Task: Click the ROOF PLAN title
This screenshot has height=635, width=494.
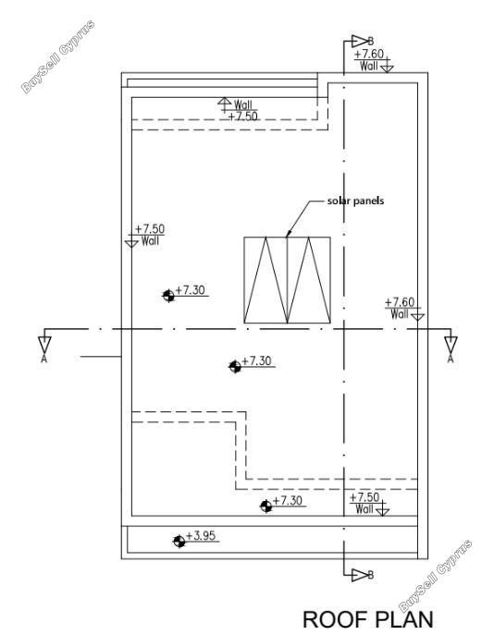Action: click(368, 619)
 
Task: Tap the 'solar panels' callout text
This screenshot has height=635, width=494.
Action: click(355, 201)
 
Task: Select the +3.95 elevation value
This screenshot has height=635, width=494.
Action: click(201, 536)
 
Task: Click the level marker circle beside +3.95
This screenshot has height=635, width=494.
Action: click(179, 541)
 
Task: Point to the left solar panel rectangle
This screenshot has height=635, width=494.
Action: click(266, 280)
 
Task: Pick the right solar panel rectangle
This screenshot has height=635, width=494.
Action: click(309, 280)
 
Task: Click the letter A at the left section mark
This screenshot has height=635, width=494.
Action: click(43, 359)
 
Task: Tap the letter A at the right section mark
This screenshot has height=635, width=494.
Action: click(451, 359)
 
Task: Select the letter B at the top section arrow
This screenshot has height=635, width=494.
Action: click(370, 41)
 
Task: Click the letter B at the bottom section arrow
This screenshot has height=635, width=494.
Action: click(370, 575)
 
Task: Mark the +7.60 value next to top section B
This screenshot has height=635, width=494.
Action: click(369, 54)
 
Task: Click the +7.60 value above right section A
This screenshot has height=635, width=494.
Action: click(400, 302)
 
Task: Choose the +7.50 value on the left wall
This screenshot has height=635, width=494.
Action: click(150, 229)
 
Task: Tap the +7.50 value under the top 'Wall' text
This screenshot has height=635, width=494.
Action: click(242, 116)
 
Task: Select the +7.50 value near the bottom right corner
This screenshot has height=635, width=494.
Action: click(364, 497)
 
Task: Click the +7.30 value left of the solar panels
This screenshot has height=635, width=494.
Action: click(190, 290)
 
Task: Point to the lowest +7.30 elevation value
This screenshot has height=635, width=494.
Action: click(288, 501)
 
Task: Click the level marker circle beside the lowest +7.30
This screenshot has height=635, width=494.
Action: click(266, 506)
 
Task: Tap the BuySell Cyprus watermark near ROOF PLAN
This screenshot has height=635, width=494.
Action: click(436, 576)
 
